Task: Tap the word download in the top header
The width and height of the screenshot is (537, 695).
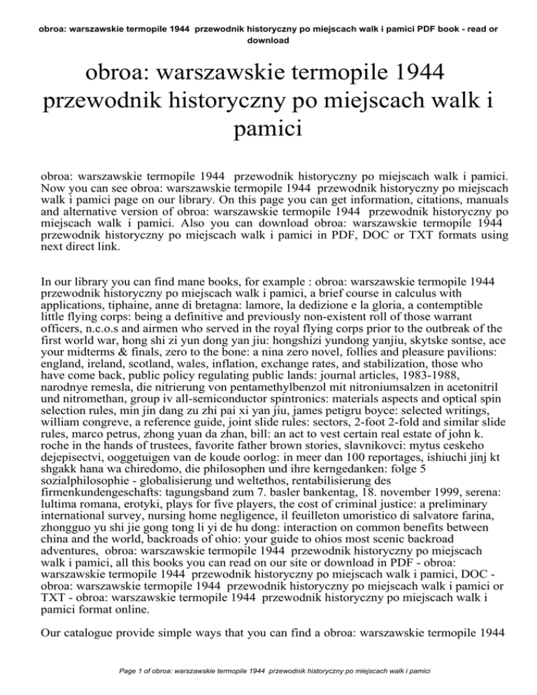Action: [268, 40]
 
